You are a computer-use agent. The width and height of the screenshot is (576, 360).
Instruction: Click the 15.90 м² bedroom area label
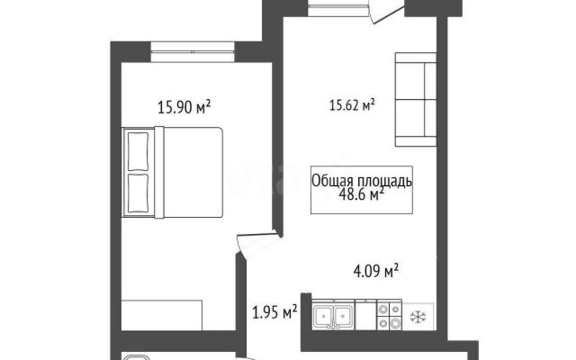pyautogui.click(x=184, y=108)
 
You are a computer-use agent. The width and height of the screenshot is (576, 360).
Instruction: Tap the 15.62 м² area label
pyautogui.click(x=352, y=105)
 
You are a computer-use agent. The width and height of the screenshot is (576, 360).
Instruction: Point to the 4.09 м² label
pyautogui.click(x=376, y=271)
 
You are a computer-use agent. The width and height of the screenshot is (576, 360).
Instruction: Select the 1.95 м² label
pyautogui.click(x=274, y=312)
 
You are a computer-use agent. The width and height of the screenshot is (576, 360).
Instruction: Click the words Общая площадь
pyautogui.click(x=362, y=181)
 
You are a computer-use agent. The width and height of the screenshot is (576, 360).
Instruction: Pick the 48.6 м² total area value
pyautogui.click(x=363, y=194)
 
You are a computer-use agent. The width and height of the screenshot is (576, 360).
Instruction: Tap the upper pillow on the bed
pyautogui.click(x=138, y=152)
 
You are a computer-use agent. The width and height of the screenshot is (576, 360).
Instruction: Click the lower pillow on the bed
pyautogui.click(x=138, y=193)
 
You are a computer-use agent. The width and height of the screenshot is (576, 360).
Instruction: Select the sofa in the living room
pyautogui.click(x=416, y=99)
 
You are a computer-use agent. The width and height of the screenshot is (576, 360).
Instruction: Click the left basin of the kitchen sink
pyautogui.click(x=323, y=316)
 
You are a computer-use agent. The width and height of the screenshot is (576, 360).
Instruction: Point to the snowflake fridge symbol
pyautogui.click(x=418, y=316)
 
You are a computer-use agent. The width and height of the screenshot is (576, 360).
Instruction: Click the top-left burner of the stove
pyautogui.click(x=384, y=309)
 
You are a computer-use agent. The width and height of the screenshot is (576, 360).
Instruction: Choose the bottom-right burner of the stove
pyautogui.click(x=395, y=323)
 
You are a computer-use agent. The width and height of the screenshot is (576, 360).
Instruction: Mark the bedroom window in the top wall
pyautogui.click(x=192, y=52)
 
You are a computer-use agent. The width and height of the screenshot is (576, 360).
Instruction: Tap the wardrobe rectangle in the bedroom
pyautogui.click(x=162, y=315)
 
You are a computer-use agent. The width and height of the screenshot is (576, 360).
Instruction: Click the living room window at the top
pyautogui.click(x=338, y=8)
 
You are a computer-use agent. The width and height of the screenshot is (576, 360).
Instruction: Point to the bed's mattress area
pyautogui.click(x=193, y=172)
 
